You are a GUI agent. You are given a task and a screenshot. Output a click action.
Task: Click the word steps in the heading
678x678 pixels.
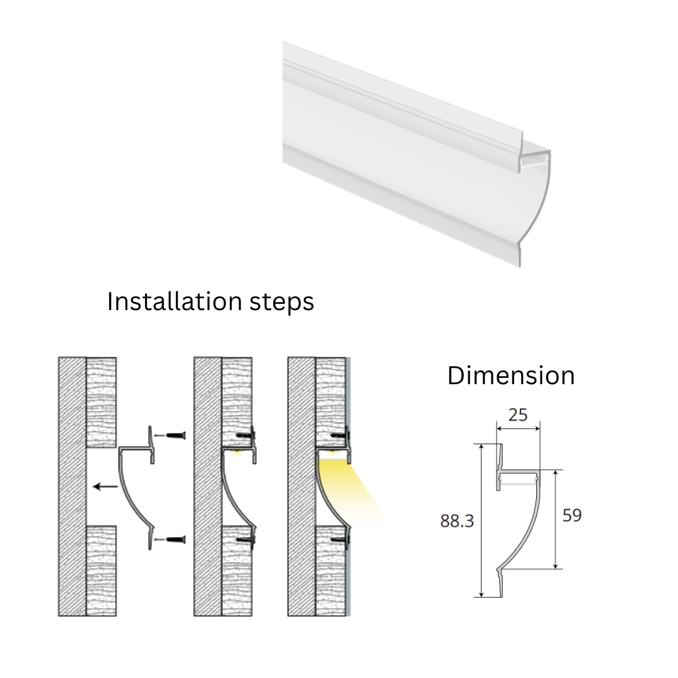(x=281, y=303)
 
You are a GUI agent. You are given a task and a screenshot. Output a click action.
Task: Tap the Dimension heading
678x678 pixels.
(x=510, y=375)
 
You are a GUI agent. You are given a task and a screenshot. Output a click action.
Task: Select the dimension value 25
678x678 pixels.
(x=517, y=415)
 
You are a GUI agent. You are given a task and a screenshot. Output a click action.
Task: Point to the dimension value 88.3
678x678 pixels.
(x=456, y=521)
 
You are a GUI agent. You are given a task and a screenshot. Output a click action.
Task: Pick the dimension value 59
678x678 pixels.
(x=572, y=515)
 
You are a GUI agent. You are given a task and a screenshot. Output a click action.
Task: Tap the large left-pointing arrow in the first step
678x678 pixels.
(x=105, y=487)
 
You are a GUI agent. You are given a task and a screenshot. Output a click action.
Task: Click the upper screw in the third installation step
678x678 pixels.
(x=340, y=435)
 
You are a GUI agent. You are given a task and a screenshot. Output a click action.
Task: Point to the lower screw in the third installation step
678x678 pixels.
(x=340, y=539)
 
